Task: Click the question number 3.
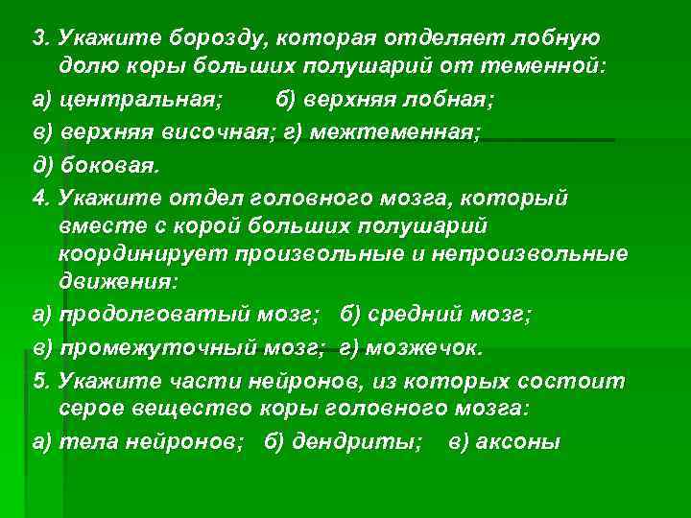point(38,39)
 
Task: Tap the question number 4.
point(38,196)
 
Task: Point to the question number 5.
point(38,382)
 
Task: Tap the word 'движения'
point(115,285)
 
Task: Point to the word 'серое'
point(86,410)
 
